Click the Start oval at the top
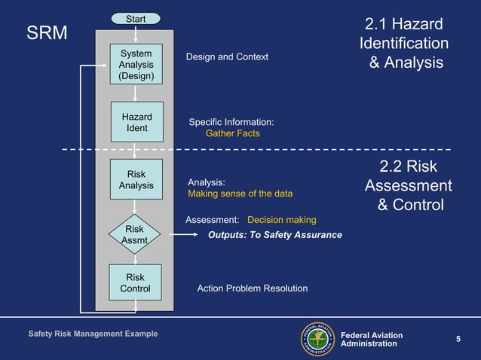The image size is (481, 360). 136,18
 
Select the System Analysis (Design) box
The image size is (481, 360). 136,65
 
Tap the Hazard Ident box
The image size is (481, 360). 136,122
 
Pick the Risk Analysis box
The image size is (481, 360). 136,179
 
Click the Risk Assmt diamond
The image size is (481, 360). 134,234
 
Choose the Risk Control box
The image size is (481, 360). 136,282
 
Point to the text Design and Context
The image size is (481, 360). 227,57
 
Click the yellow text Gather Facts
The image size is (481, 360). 232,133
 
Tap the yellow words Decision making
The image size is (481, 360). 281,220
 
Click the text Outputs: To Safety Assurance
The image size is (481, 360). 274,235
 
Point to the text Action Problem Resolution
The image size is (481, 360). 252,288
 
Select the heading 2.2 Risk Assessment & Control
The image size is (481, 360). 409,186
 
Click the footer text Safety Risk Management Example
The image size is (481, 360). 93,334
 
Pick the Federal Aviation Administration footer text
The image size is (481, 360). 372,339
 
